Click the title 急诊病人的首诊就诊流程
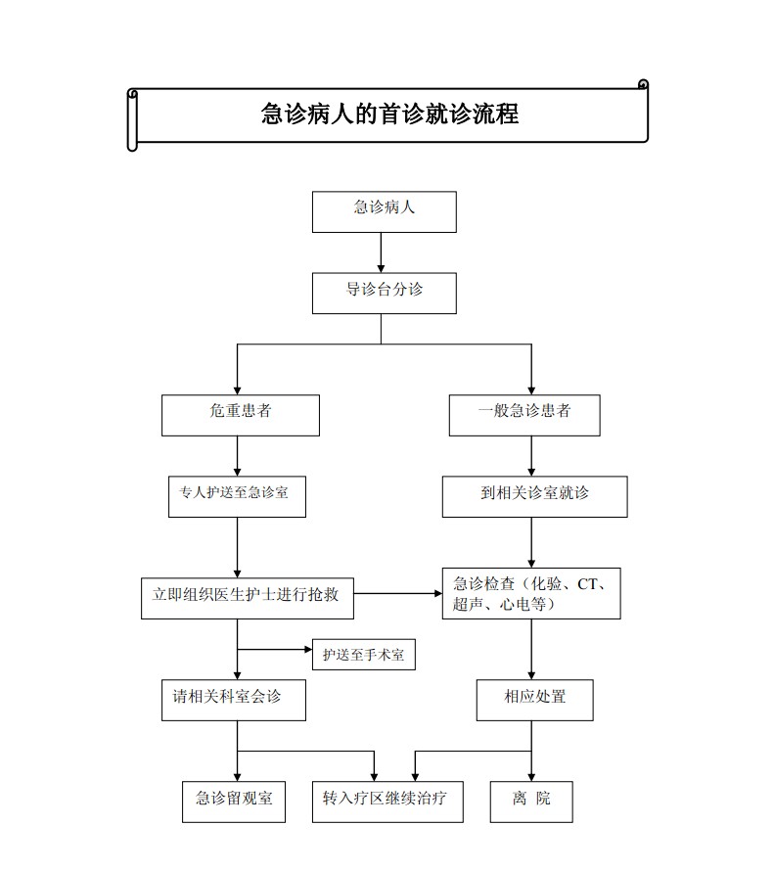click(x=389, y=114)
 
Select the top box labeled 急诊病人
click(x=385, y=211)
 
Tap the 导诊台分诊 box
click(x=385, y=293)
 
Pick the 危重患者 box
click(x=241, y=415)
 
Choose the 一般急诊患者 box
click(x=524, y=415)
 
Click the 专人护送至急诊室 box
click(x=237, y=496)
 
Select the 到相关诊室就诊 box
click(x=535, y=496)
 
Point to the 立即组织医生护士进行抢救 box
click(x=248, y=598)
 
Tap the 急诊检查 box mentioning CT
click(x=531, y=593)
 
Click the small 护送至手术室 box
click(x=364, y=655)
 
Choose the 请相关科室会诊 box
click(x=234, y=700)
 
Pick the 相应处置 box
click(x=535, y=700)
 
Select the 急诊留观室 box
click(x=234, y=802)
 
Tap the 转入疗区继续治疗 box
click(x=387, y=802)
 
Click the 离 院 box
click(x=531, y=802)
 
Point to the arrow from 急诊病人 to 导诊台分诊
click(x=381, y=252)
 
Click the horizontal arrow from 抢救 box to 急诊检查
click(x=398, y=593)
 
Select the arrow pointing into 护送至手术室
click(x=275, y=649)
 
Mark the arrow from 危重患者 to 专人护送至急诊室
click(x=237, y=455)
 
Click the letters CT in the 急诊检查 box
click(x=587, y=584)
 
